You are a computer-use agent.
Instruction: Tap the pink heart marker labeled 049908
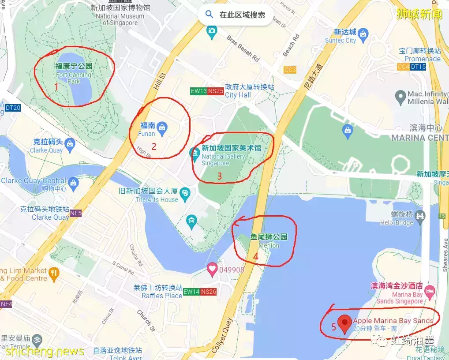pos(213,269)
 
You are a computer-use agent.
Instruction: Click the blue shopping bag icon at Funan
pos(162,127)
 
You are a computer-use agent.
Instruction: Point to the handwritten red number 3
pos(219,176)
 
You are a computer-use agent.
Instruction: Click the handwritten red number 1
pos(56,87)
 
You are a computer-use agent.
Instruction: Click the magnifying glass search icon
pos(209,15)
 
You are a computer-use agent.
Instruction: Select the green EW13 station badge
pos(198,91)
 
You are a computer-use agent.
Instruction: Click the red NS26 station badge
pos(209,292)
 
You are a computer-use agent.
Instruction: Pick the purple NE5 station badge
pos(75,214)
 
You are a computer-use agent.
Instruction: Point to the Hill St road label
pos(159,82)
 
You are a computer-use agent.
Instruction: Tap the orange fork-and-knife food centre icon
pos(54,273)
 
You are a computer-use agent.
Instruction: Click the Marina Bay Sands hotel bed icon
pos(430,290)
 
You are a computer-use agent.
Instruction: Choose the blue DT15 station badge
pos(418,67)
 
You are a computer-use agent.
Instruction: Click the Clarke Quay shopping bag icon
pos(69,143)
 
